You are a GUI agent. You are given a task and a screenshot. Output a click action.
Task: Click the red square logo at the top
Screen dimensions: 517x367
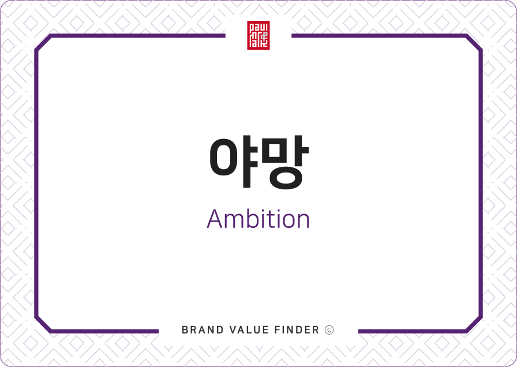point(258,35)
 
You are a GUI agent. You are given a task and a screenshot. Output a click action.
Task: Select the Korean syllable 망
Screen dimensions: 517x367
point(285,162)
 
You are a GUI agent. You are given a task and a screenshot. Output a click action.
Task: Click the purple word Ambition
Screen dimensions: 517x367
point(258,219)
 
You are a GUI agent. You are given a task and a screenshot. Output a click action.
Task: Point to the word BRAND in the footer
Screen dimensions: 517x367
point(203,329)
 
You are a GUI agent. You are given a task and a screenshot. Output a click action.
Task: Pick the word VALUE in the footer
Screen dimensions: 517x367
point(249,329)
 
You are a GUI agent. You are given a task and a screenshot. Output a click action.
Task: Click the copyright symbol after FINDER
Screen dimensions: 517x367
point(329,329)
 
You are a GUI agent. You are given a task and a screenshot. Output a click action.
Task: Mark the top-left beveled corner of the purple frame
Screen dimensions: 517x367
point(43,43)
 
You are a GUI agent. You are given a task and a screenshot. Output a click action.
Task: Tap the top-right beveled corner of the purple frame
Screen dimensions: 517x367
point(474,43)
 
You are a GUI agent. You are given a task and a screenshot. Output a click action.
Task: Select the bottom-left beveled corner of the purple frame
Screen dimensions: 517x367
point(43,324)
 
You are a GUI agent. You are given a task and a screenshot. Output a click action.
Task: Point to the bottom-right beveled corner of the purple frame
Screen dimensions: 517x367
point(474,324)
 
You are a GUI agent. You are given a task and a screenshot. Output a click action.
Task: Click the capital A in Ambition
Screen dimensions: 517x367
point(215,219)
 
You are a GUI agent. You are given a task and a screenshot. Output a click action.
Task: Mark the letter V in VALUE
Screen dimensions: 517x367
point(233,329)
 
